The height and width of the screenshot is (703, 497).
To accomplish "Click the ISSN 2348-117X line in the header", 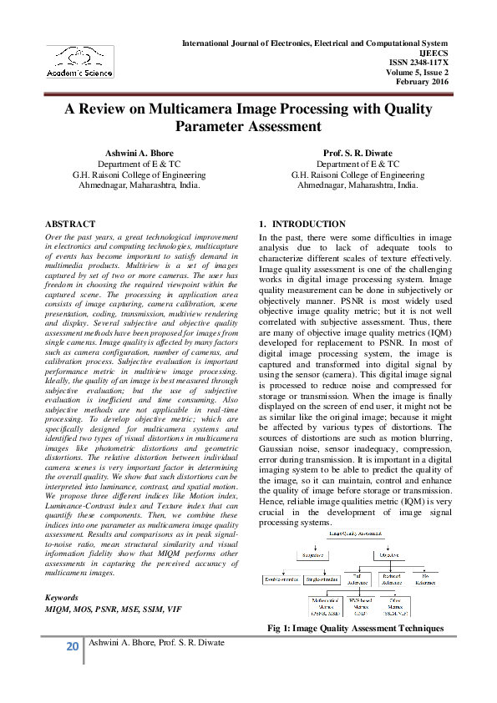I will click(418, 61).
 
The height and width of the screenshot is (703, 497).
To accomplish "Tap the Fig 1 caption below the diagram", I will click(355, 628).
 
